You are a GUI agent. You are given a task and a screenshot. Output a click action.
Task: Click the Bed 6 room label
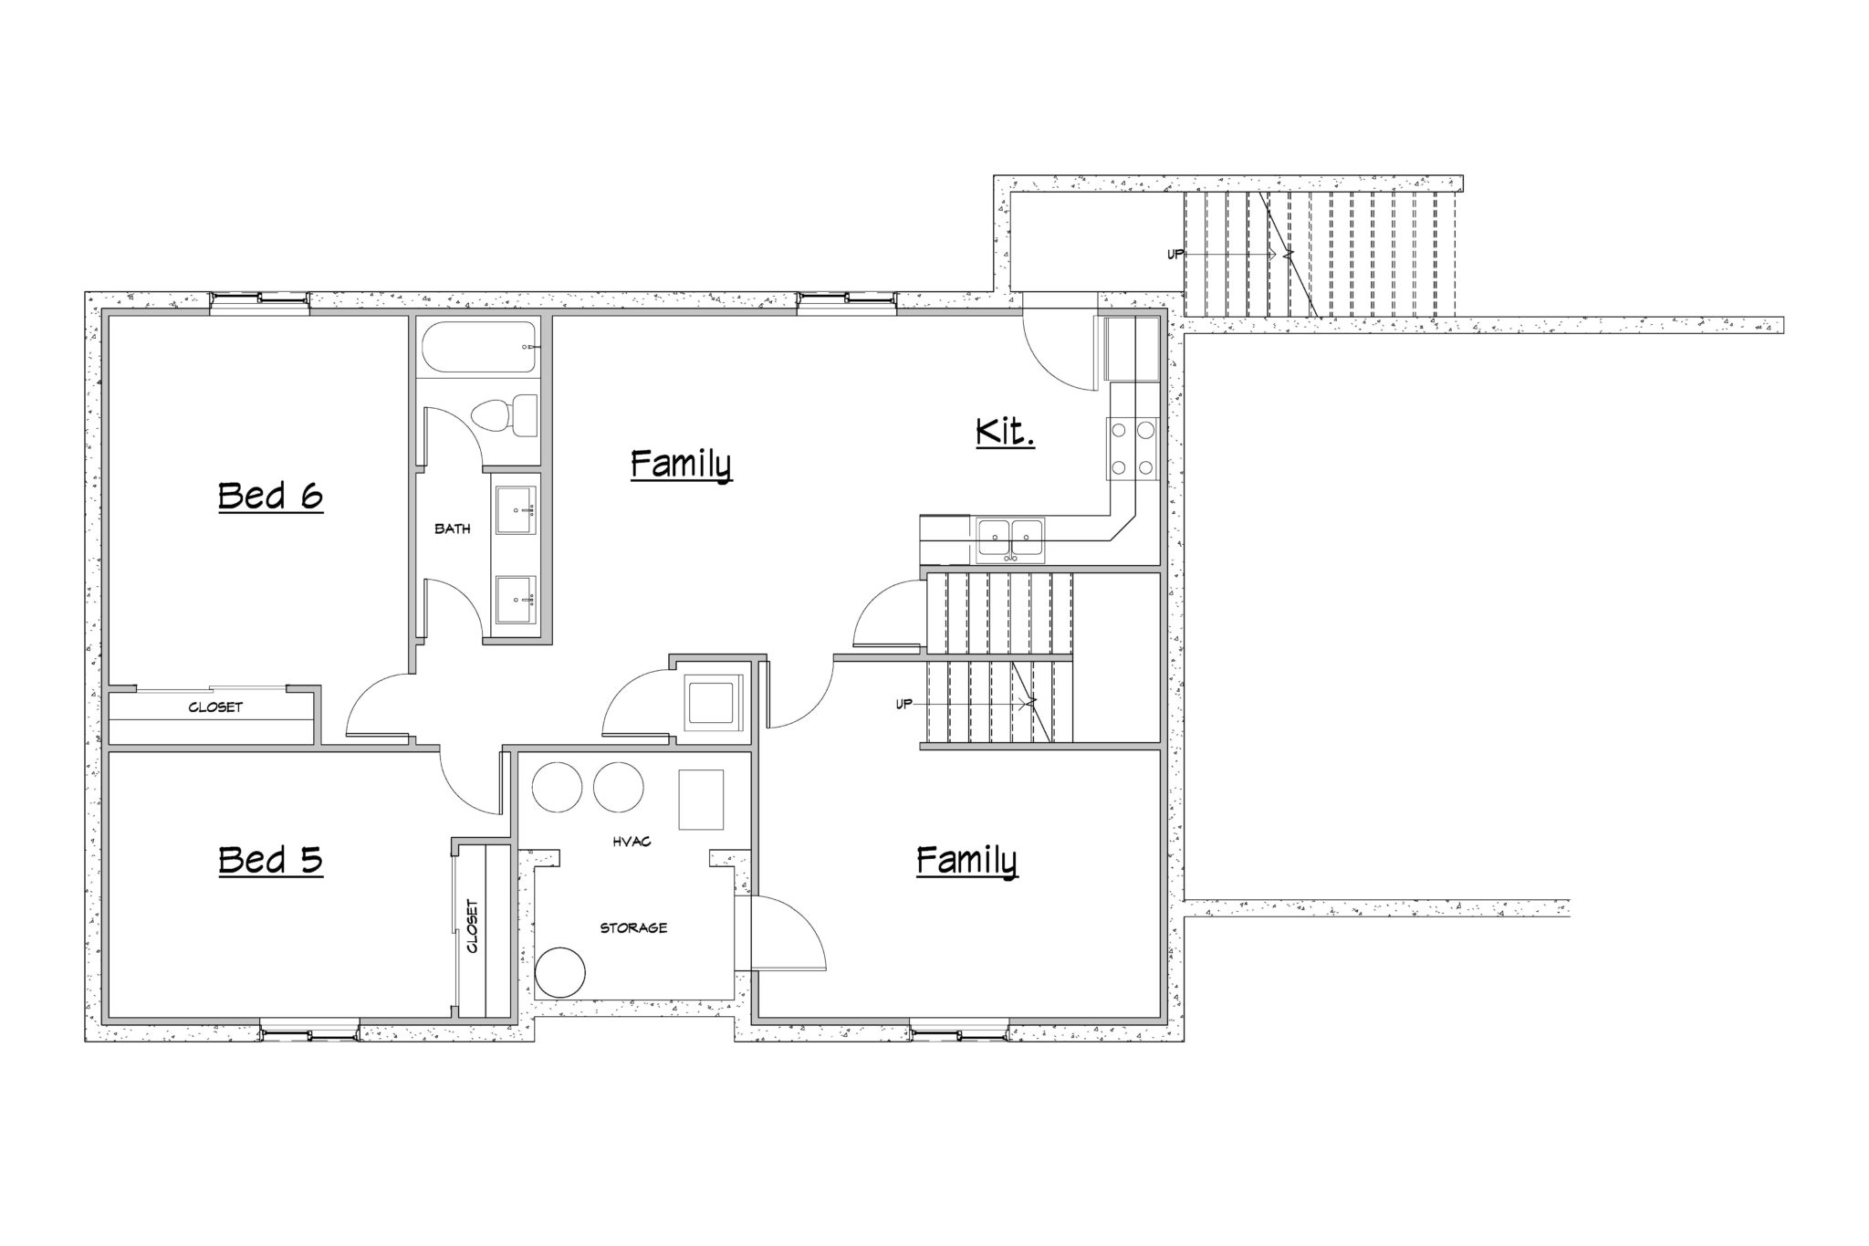(271, 497)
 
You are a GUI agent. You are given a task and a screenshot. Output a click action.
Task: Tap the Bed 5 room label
(271, 860)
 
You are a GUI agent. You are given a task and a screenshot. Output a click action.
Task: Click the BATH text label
(453, 529)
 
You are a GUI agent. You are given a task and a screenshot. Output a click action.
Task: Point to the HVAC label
(632, 842)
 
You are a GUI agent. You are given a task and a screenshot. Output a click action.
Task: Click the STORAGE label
(633, 927)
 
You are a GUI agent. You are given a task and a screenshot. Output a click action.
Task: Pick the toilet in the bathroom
(504, 415)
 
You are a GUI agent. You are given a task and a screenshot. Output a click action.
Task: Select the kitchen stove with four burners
(1132, 448)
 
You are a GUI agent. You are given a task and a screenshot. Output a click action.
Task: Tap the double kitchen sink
(1011, 539)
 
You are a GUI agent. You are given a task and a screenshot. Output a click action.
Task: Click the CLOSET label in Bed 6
(215, 707)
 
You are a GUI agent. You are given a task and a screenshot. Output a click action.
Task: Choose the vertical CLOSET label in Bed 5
(473, 927)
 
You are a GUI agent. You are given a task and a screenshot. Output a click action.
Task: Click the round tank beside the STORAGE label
(559, 972)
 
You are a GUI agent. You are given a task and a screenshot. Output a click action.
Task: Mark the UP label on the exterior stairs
(1175, 254)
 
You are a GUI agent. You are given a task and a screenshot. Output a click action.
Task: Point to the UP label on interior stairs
(903, 703)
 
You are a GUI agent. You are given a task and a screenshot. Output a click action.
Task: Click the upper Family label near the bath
(681, 466)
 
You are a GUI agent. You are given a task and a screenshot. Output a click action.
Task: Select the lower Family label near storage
(966, 861)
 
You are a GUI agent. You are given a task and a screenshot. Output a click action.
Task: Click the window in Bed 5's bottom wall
(309, 1033)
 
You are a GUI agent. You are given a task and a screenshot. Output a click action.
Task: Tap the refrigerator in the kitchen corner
(1132, 349)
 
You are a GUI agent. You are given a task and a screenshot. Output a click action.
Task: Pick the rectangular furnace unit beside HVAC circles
(701, 800)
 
